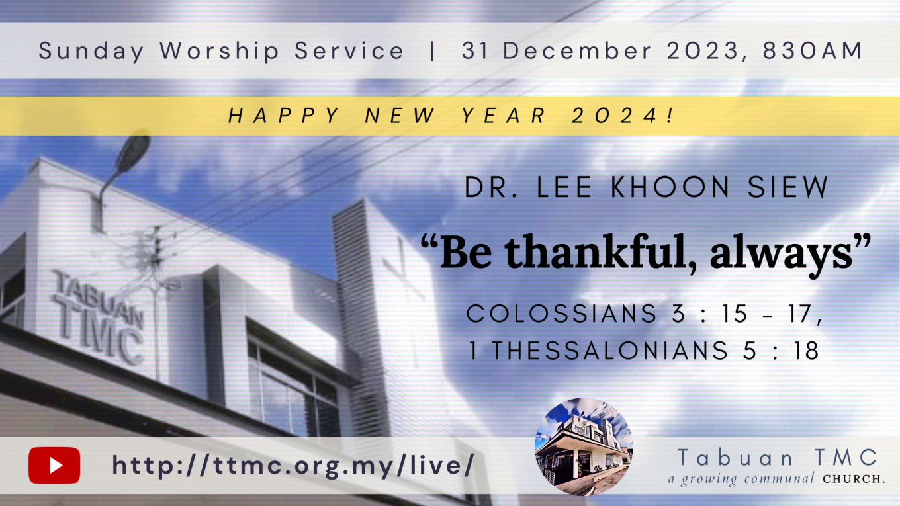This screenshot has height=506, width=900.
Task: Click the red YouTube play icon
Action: coord(54,465)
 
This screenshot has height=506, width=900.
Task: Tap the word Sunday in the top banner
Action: coord(91,51)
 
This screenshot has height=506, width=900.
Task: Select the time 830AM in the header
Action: coord(813,50)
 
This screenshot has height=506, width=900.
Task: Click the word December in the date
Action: coord(577,50)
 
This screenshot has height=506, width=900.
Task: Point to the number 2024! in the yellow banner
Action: coord(623,116)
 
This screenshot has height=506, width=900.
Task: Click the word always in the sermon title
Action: coord(781,256)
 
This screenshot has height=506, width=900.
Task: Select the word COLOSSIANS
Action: coord(561,314)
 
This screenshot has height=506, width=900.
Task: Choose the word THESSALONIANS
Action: coord(609,350)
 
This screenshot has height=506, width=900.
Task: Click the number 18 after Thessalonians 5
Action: coord(805,350)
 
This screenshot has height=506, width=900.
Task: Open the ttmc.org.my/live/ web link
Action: coord(293,465)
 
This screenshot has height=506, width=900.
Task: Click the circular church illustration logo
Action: coord(584,446)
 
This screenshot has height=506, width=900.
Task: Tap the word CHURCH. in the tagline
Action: coord(854,479)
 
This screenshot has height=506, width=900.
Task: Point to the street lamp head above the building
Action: coord(132,153)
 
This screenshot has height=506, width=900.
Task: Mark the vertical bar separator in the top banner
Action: coord(432,51)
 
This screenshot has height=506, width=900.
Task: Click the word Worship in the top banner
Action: coord(220,51)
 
